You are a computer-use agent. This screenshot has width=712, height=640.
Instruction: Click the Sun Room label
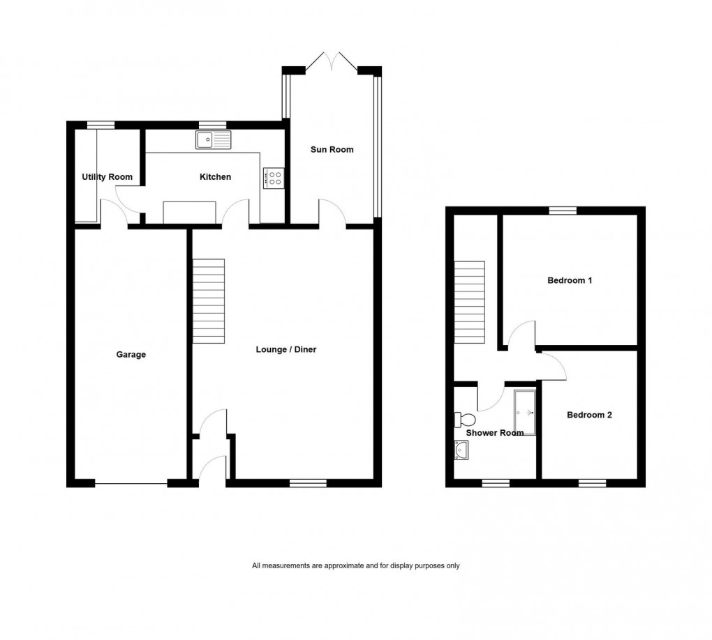(332, 149)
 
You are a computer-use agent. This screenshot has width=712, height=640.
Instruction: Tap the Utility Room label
(107, 177)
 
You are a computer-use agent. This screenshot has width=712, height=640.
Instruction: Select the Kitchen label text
(215, 177)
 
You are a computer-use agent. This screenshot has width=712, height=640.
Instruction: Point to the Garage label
(131, 355)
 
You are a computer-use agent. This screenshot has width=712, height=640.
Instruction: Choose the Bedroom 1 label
(570, 281)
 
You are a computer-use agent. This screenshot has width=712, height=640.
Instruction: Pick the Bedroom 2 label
(589, 415)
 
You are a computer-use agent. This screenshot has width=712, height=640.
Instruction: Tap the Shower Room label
(495, 433)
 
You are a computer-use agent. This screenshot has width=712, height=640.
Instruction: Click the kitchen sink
(213, 141)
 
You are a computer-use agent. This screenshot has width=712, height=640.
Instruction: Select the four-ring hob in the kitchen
(273, 178)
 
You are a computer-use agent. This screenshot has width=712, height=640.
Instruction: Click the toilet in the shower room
(464, 420)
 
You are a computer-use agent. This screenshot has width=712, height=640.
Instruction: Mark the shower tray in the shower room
(524, 412)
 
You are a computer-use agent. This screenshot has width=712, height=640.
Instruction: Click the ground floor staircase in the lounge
(209, 301)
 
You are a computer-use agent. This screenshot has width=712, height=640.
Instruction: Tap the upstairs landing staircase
(470, 302)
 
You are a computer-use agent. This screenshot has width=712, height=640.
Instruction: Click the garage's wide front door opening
(131, 483)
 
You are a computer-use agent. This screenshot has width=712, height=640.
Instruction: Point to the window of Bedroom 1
(562, 211)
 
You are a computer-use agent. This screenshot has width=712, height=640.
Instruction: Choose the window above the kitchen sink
(208, 125)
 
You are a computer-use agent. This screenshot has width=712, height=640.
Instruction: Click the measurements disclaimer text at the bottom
(356, 566)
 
